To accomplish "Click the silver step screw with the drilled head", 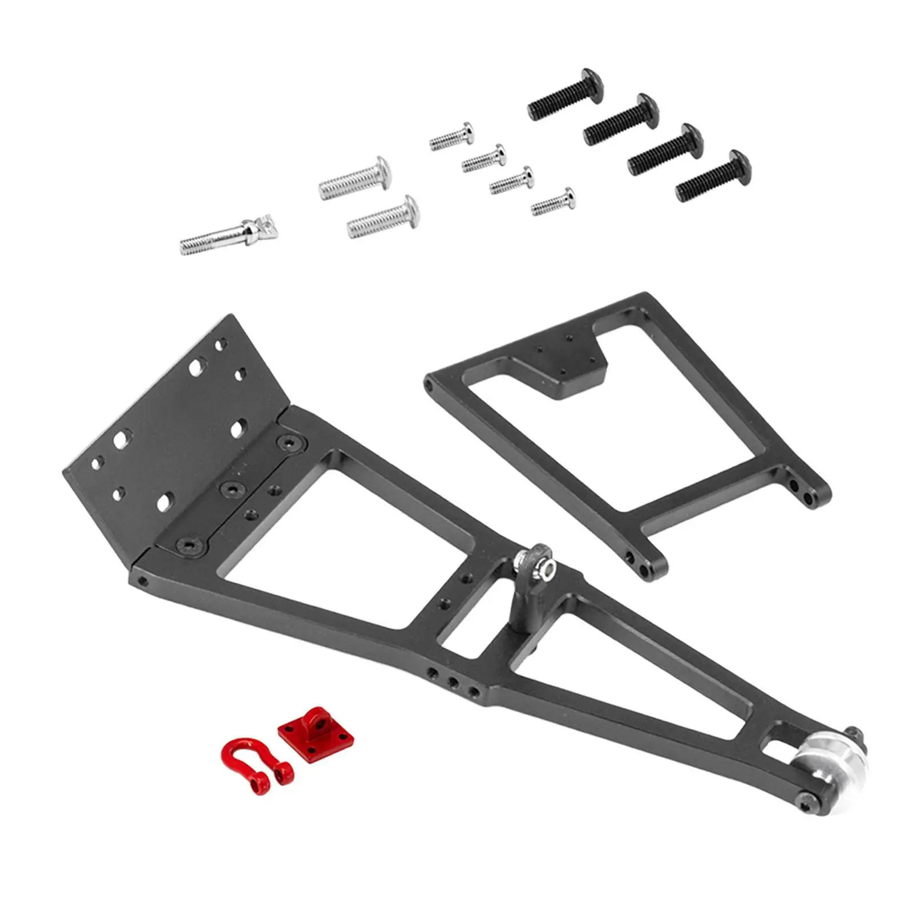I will (x=228, y=234).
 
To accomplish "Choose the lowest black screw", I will (x=713, y=176).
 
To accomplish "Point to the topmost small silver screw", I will (x=452, y=136).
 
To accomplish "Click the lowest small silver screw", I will (x=554, y=202).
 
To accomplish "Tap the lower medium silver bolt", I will (x=384, y=217).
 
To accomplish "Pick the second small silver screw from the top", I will (x=484, y=158).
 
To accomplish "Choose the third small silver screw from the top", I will (x=512, y=180).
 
